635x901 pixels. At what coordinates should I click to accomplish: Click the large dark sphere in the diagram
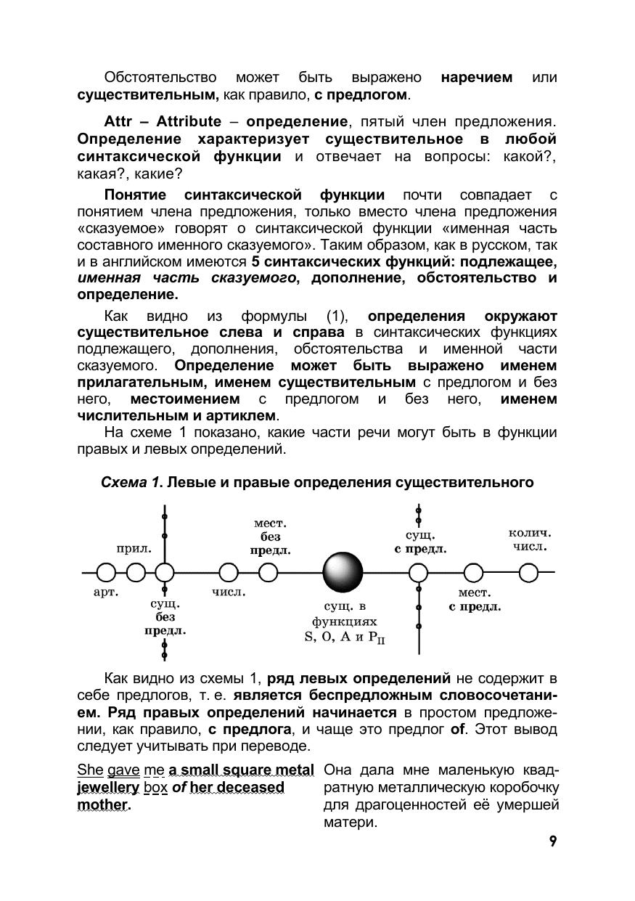[342, 572]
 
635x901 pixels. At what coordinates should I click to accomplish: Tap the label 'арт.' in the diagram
[106, 592]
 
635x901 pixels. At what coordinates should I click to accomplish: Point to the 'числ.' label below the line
[229, 592]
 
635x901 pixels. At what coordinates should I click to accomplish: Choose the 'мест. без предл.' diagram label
[270, 537]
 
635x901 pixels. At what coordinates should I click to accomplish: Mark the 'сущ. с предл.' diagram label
[420, 542]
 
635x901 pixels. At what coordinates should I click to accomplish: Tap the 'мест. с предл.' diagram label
[475, 600]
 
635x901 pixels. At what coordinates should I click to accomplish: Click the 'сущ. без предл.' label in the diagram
[165, 617]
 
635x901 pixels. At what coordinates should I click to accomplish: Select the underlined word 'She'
[90, 770]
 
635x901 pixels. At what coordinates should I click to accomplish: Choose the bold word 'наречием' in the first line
[476, 77]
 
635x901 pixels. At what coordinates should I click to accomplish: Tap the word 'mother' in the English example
[102, 804]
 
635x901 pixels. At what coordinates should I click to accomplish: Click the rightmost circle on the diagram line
[528, 573]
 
